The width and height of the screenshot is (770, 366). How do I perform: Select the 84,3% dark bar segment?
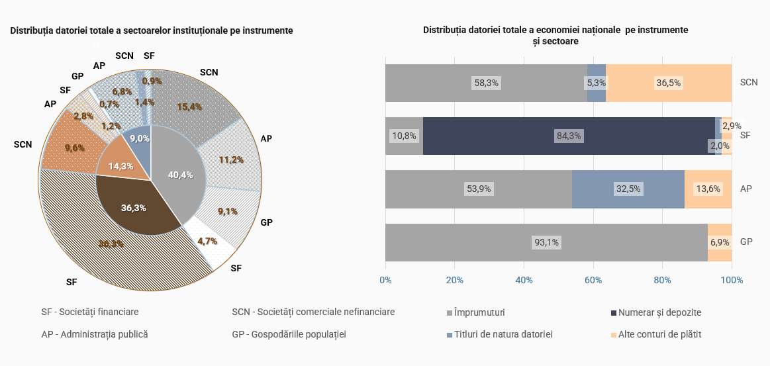[569, 136]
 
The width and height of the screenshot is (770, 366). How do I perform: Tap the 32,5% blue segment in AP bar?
[628, 189]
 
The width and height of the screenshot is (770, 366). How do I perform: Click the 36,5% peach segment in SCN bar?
[669, 83]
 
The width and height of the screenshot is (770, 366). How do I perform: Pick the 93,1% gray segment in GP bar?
[546, 242]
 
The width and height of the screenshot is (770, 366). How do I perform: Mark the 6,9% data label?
[719, 242]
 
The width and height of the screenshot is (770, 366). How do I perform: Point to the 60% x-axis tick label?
[593, 280]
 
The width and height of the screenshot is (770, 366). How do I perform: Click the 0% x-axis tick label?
[385, 280]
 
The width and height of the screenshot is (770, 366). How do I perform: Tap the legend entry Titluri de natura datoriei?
[503, 334]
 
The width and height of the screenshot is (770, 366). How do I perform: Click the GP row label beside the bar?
[746, 242]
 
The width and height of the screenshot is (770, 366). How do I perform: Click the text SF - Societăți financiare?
[90, 312]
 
